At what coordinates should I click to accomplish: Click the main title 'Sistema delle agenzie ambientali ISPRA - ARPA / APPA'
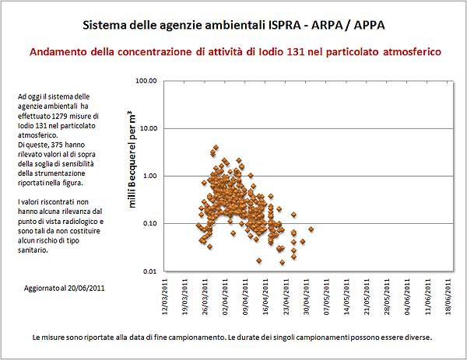(x=233, y=26)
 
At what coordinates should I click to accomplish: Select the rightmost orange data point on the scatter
(x=311, y=229)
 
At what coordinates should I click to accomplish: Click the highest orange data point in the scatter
(x=216, y=147)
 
